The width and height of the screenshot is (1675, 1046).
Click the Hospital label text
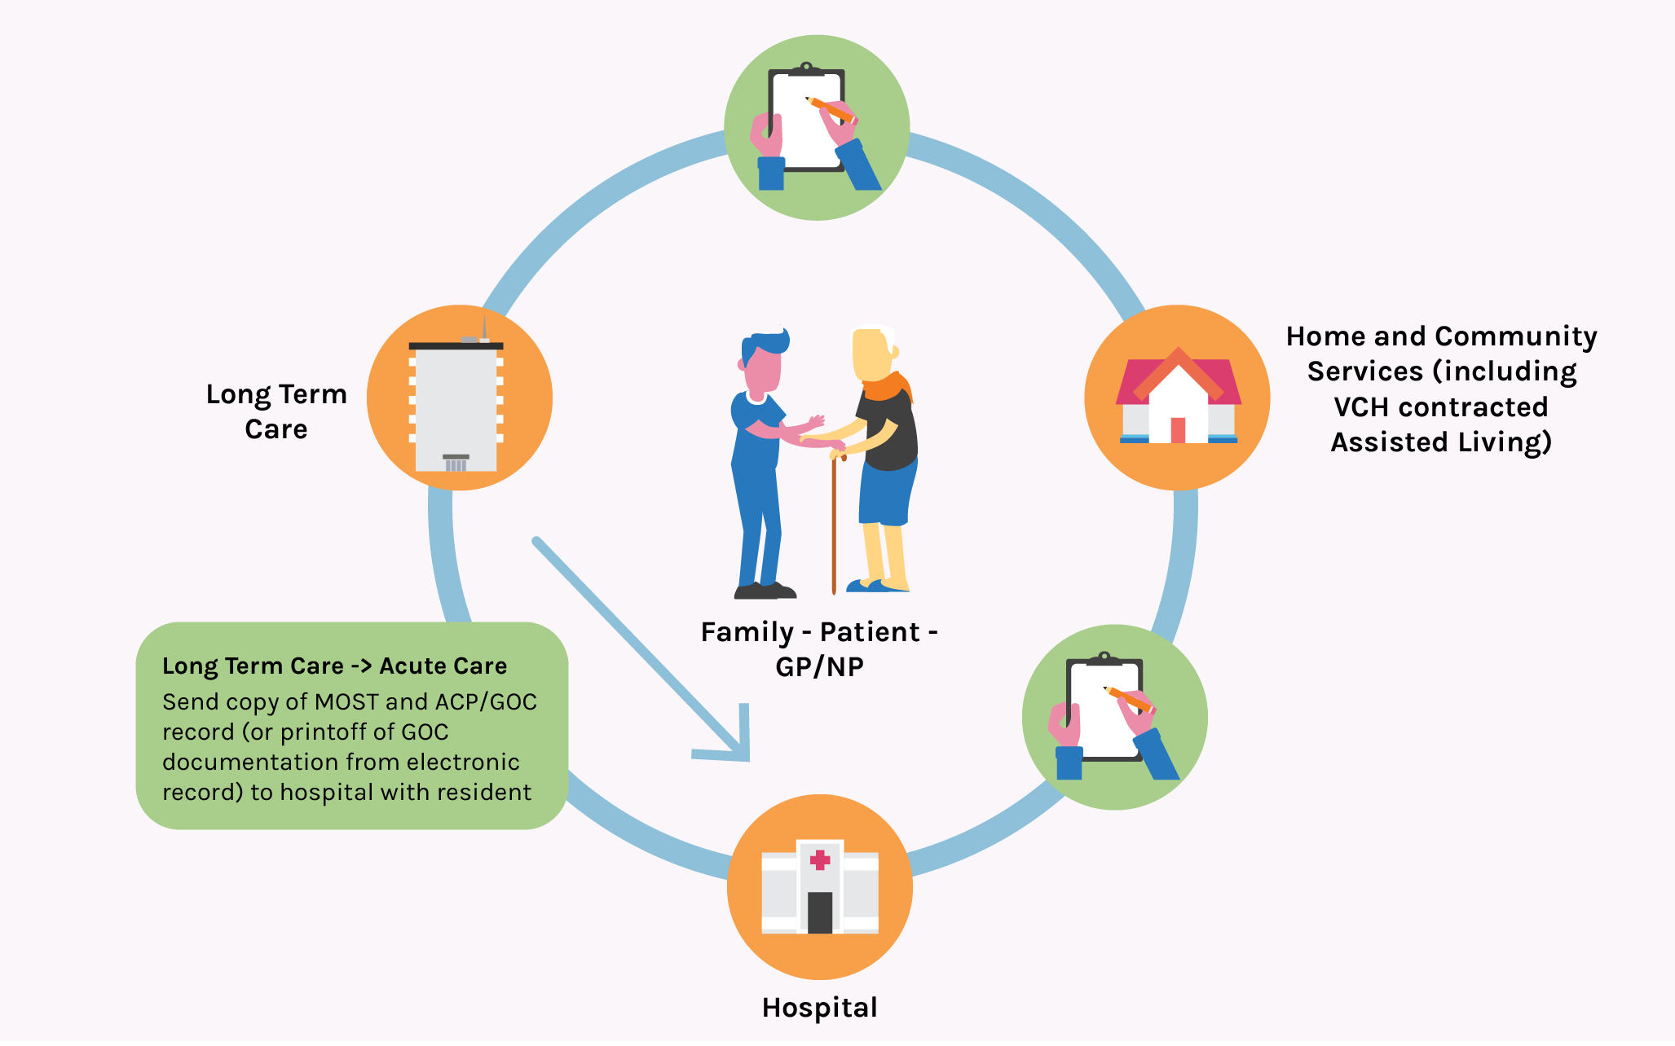(819, 1008)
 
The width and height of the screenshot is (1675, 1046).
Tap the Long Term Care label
(276, 411)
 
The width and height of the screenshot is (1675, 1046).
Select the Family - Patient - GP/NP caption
(819, 649)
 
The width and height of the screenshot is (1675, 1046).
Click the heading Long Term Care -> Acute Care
(334, 666)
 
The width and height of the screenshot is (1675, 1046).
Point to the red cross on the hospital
(820, 859)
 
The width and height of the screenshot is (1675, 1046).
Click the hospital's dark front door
(820, 912)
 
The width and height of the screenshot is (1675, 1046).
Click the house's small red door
(1178, 430)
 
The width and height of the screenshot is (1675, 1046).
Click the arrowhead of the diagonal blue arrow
(734, 745)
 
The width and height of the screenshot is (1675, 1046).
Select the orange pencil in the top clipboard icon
(830, 109)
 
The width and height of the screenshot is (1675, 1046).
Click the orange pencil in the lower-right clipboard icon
(1128, 699)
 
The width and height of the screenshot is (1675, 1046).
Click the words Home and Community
(1441, 336)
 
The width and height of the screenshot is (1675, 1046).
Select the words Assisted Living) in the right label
(1441, 442)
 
